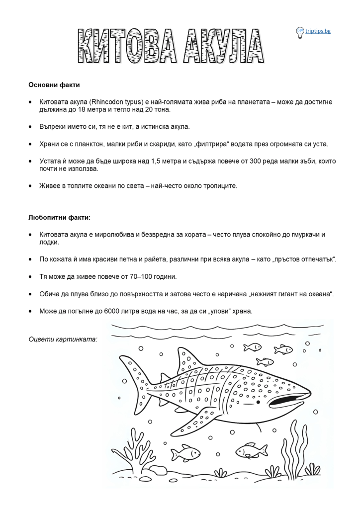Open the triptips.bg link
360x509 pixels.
318,31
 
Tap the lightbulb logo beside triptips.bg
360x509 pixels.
300,32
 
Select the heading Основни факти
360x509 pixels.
54,85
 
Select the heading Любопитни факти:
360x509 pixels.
60,217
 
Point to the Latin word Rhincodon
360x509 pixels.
110,101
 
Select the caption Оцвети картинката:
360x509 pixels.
63,339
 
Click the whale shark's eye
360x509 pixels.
258,401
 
